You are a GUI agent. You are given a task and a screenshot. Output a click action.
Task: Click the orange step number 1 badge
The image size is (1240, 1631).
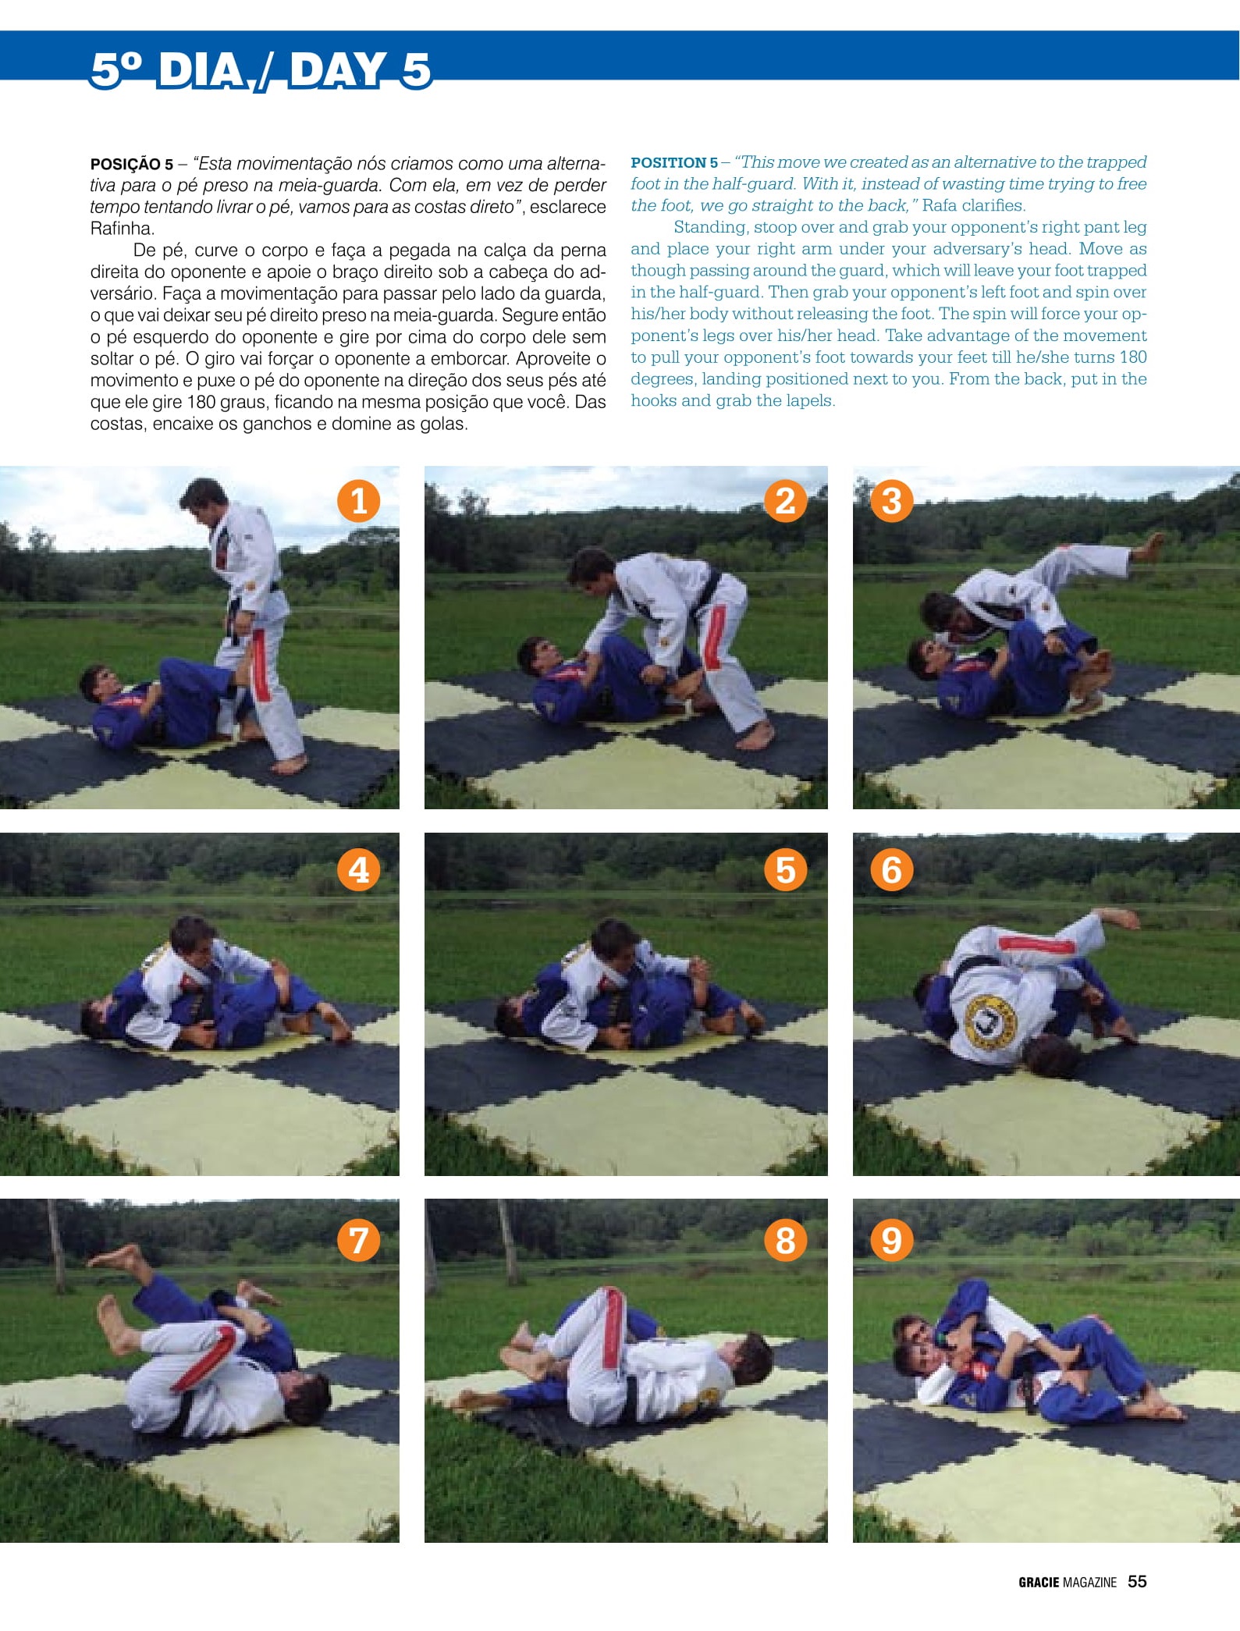[x=359, y=501]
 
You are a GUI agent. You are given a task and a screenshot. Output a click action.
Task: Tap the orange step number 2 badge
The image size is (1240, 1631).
[x=786, y=501]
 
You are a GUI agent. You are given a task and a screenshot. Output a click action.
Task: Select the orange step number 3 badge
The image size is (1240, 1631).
[x=892, y=501]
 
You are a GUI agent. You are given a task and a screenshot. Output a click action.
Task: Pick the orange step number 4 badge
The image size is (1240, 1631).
[x=359, y=869]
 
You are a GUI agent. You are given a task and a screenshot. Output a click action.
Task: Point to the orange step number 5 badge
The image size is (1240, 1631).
[x=786, y=869]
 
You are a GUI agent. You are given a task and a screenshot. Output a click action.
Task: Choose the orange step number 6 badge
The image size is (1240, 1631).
[x=892, y=869]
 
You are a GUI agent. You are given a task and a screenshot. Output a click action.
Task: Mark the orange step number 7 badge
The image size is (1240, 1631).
[x=359, y=1240]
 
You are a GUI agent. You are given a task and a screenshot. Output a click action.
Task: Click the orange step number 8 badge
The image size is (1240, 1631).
[x=786, y=1240]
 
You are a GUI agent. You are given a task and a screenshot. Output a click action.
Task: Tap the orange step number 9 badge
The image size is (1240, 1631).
[x=892, y=1240]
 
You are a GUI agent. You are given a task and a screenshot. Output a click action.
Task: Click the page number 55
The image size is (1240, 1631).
[x=1137, y=1581]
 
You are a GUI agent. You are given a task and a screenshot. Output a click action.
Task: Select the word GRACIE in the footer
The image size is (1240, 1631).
[x=1039, y=1582]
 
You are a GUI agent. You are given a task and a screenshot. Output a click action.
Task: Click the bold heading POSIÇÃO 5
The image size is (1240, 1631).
[x=132, y=165]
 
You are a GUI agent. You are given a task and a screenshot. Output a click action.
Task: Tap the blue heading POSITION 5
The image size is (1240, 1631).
[x=674, y=162]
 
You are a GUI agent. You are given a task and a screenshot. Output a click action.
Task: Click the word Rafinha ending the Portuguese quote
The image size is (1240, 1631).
[x=123, y=229]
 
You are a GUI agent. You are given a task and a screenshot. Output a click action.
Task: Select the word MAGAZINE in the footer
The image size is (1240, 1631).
[x=1090, y=1582]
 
